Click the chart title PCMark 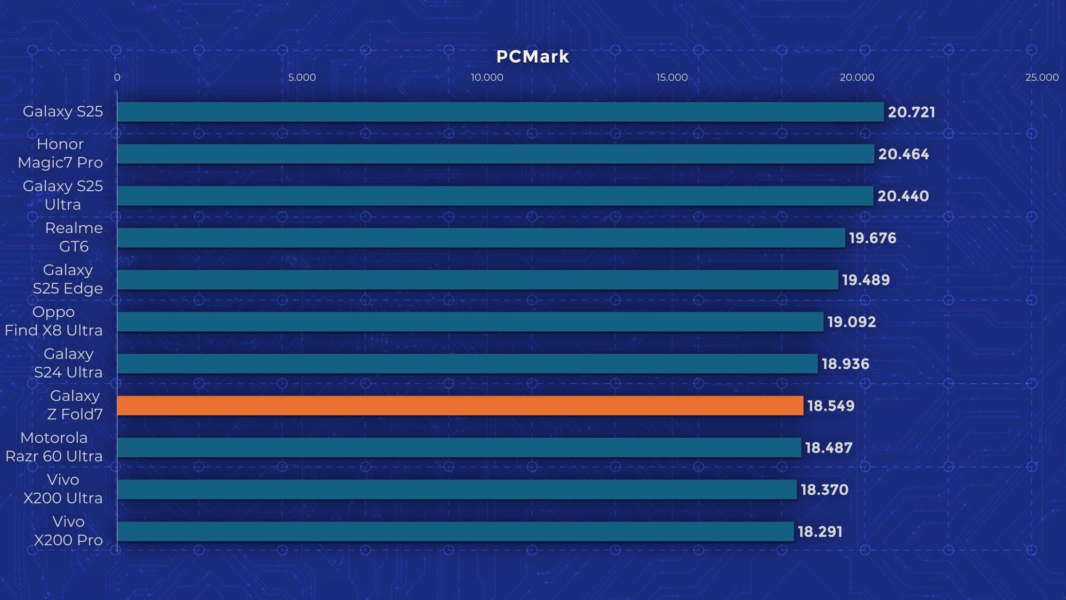pos(533,57)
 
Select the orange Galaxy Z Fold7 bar pos(460,405)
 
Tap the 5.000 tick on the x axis pos(302,77)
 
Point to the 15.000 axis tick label pos(672,77)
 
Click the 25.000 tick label pos(1042,77)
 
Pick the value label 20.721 pos(911,112)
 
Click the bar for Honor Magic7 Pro pos(495,154)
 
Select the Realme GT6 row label pos(74,237)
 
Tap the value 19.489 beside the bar pos(866,280)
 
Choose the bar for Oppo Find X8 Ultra pos(470,322)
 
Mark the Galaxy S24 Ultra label pos(68,363)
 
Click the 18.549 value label pos(831,406)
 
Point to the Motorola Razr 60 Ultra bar pos(459,447)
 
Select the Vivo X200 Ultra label pos(63,489)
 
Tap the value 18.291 pos(820,532)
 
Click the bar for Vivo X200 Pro pos(455,531)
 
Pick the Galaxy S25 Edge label pos(68,280)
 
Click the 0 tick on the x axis pos(117,77)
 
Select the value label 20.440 pos(903,196)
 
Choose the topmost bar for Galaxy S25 pos(500,112)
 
